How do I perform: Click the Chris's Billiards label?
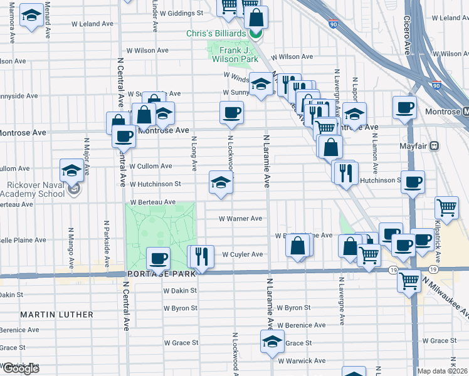(x=216, y=33)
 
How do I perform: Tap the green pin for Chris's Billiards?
(x=256, y=33)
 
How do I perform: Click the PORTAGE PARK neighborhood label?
(x=154, y=274)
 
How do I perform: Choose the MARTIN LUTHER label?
(x=56, y=314)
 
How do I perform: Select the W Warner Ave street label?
(x=240, y=219)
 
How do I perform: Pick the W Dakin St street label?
(x=181, y=291)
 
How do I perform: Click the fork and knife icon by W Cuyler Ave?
(x=201, y=256)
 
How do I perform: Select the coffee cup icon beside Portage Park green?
(x=159, y=258)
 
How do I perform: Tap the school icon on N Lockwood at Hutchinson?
(x=221, y=182)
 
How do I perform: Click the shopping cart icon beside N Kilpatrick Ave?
(x=446, y=207)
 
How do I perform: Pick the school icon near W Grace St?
(x=271, y=342)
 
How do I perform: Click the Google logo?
(x=20, y=368)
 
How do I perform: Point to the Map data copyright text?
(x=442, y=371)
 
